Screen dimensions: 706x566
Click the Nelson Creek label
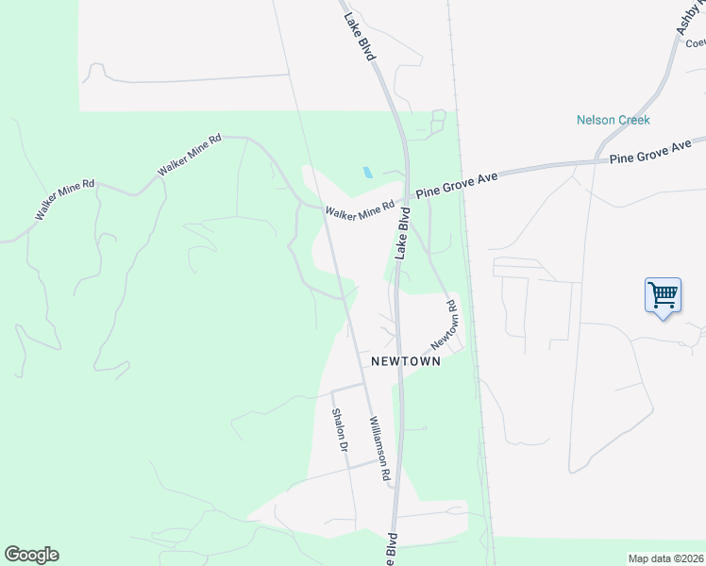point(614,120)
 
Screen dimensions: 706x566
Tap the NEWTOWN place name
point(406,361)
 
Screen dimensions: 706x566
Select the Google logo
point(31,555)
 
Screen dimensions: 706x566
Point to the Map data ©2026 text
point(666,558)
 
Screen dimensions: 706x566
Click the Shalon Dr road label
point(340,429)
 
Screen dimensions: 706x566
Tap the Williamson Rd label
point(379,449)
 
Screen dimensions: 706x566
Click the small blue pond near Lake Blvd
point(367,173)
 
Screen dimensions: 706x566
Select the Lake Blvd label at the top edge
point(360,37)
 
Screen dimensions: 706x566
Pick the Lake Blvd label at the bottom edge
point(390,550)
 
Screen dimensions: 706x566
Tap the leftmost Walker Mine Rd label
point(65,197)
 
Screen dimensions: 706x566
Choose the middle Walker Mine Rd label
point(190,154)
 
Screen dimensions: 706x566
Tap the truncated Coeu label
point(696,42)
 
